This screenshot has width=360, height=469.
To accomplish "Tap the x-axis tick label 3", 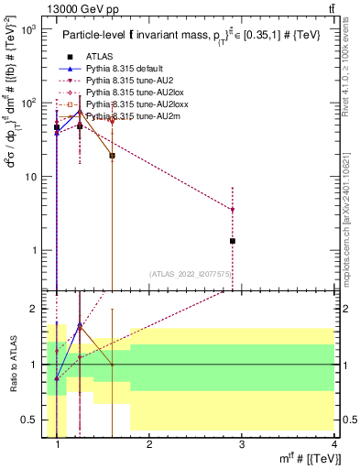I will point(242,443).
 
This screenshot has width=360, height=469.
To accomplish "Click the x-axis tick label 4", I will point(333,443).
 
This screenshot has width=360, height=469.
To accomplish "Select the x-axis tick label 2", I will point(150,443).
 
